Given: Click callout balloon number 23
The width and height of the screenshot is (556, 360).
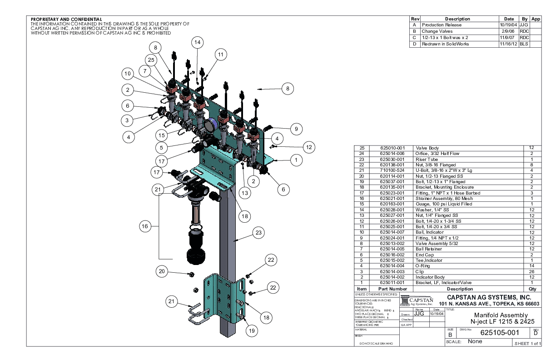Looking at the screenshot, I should pyautogui.click(x=258, y=233).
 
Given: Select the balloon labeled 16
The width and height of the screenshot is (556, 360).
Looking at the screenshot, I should pyautogui.click(x=144, y=226).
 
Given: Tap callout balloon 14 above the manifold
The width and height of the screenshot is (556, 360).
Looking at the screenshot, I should pyautogui.click(x=197, y=43).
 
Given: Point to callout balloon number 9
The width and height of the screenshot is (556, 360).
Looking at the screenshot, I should pyautogui.click(x=296, y=129).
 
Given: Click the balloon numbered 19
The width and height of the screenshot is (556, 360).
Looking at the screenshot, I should pyautogui.click(x=252, y=331).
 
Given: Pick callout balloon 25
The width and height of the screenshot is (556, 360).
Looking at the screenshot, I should pyautogui.click(x=152, y=60).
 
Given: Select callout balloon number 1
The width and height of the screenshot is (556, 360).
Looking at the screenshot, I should pyautogui.click(x=296, y=160).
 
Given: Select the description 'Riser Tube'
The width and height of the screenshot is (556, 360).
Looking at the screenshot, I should pyautogui.click(x=426, y=159).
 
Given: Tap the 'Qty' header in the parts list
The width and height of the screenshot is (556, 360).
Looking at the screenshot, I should pyautogui.click(x=532, y=289).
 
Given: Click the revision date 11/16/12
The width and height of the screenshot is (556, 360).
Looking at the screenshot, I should pyautogui.click(x=506, y=44).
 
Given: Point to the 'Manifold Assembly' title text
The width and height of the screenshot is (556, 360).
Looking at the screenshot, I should pyautogui.click(x=501, y=315).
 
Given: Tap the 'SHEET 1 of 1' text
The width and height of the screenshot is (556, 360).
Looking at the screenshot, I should pyautogui.click(x=527, y=343).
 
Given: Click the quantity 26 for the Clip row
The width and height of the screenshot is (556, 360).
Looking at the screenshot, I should pyautogui.click(x=532, y=272).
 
